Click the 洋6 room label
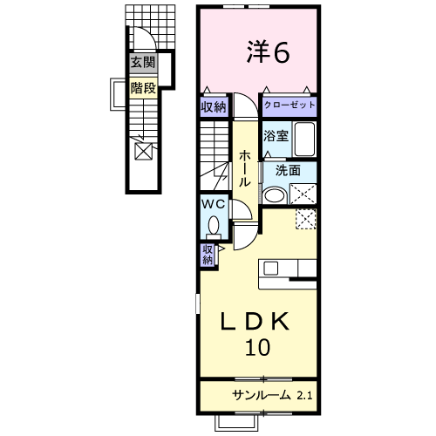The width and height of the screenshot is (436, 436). click(x=268, y=52)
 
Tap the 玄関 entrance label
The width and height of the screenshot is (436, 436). click(x=143, y=62)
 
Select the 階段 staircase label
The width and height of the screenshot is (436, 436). click(x=143, y=87)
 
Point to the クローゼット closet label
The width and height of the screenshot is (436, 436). click(x=290, y=105)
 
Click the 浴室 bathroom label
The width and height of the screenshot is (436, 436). click(x=276, y=136)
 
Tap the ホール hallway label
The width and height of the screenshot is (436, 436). click(x=244, y=168)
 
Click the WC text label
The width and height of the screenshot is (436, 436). click(x=214, y=204)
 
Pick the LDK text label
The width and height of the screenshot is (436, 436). click(x=255, y=321)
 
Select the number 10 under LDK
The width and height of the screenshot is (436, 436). click(x=258, y=347)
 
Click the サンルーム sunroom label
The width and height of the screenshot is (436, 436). click(x=262, y=395)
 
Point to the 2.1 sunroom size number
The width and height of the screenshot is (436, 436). click(x=304, y=395)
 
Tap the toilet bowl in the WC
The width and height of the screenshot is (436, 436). click(x=214, y=225)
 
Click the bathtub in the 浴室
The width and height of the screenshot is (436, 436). click(x=304, y=140)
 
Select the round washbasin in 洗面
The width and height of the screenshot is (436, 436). click(x=274, y=194)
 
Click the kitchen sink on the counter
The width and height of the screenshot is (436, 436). click(x=270, y=268)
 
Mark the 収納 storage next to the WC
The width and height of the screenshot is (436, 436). click(x=208, y=255)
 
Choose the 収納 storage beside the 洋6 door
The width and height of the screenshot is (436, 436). click(x=214, y=107)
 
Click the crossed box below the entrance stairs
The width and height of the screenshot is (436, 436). click(x=144, y=151)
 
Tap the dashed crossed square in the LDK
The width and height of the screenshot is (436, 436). click(x=306, y=219)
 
